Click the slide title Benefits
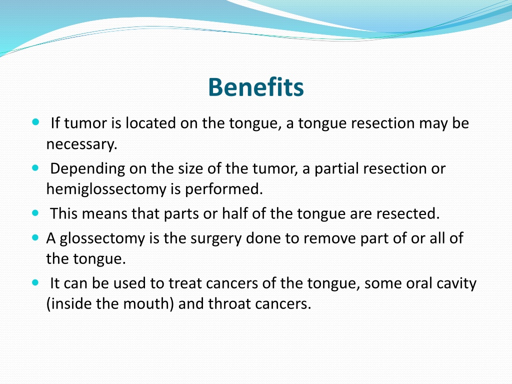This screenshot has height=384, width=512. click(256, 87)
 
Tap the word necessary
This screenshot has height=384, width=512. click(81, 144)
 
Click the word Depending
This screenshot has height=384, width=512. click(87, 169)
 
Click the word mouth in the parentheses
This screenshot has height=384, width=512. click(148, 304)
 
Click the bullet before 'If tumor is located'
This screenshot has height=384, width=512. click(35, 122)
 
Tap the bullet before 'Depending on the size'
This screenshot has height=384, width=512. click(35, 168)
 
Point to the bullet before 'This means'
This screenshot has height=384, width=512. click(35, 213)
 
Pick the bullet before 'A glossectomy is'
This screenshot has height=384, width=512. click(35, 237)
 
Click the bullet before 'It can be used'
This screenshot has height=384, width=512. click(35, 282)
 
